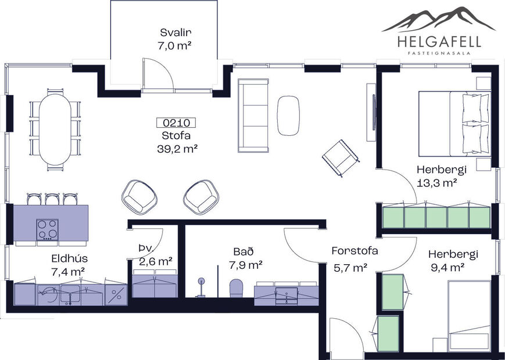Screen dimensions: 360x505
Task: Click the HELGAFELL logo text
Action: (439, 41)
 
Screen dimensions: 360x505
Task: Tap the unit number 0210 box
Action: (176, 123)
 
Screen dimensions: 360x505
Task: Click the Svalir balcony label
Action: (176, 33)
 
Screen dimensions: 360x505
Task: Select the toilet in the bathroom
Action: (236, 288)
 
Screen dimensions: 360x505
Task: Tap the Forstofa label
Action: (354, 251)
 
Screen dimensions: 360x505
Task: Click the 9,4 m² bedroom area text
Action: (446, 267)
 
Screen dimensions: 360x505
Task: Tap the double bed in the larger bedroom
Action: (453, 123)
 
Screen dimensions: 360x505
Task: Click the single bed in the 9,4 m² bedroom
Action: (470, 316)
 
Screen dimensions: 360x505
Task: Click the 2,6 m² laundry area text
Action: (155, 262)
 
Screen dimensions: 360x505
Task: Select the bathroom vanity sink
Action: (286, 295)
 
